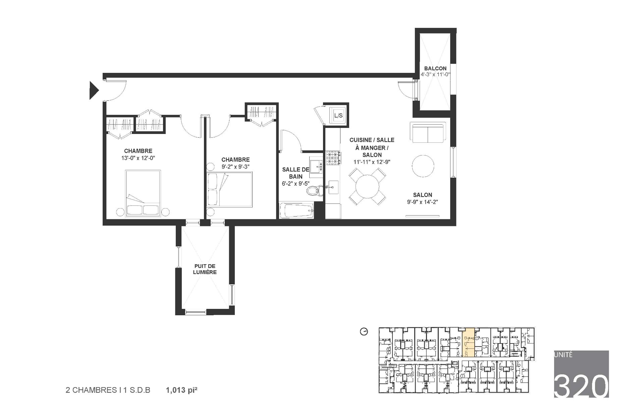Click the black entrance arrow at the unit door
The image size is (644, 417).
click(93, 90)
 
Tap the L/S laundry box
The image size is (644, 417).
click(338, 115)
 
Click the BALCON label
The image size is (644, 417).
click(435, 68)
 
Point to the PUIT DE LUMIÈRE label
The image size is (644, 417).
click(205, 269)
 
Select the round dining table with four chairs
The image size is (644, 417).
click(367, 187)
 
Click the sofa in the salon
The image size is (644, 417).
click(428, 132)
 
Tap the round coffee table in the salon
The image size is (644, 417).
click(423, 166)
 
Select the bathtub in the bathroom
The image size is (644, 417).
click(297, 211)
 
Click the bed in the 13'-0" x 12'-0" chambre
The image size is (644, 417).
click(143, 193)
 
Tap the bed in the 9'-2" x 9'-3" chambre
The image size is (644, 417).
click(230, 190)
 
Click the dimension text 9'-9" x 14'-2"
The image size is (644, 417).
click(423, 202)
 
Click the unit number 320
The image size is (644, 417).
click(581, 386)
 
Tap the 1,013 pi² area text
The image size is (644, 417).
click(181, 390)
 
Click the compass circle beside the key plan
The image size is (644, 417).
click(364, 332)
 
